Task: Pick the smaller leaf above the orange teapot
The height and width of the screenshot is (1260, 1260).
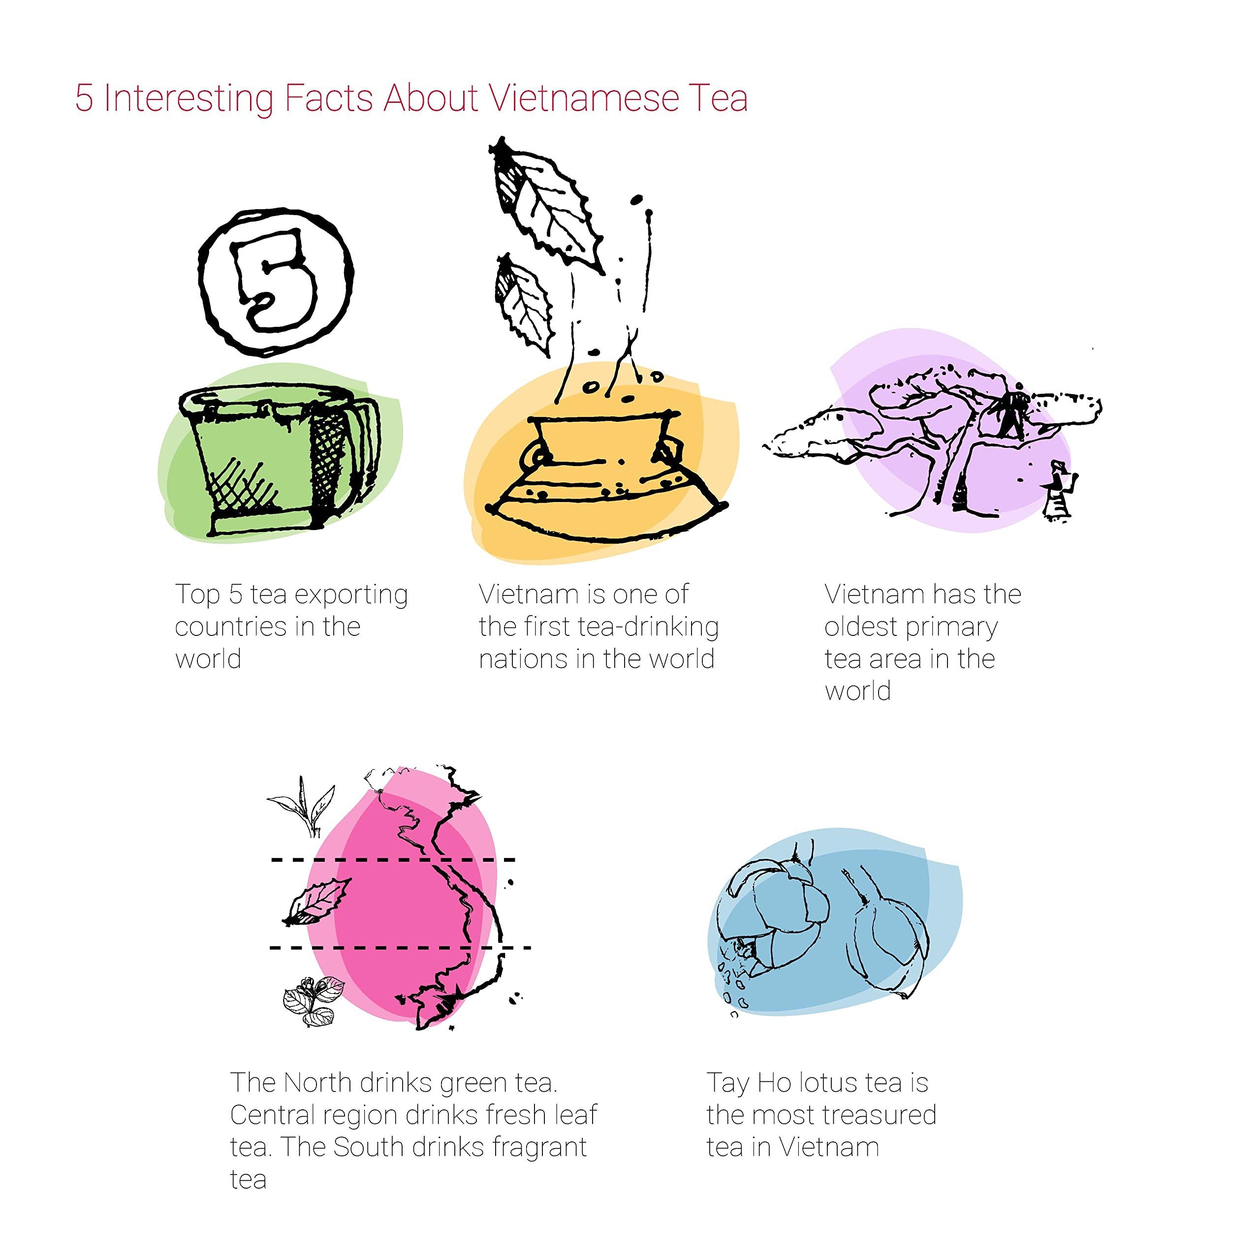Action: pyautogui.click(x=526, y=307)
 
